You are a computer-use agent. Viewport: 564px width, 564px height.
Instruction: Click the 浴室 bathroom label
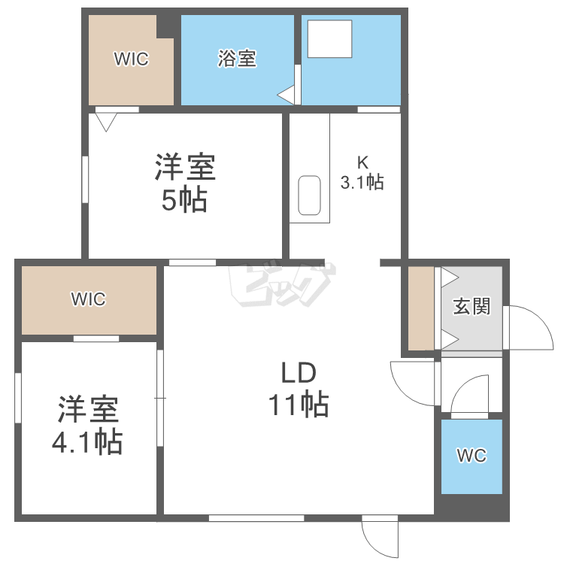[237, 58]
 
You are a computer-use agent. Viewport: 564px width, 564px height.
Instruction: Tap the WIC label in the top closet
[132, 59]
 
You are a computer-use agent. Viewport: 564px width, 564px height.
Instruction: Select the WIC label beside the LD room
[89, 299]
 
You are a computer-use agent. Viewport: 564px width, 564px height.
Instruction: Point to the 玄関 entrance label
[472, 306]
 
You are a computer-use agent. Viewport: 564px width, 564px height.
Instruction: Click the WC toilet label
[472, 456]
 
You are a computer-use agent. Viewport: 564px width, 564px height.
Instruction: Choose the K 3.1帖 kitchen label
[362, 173]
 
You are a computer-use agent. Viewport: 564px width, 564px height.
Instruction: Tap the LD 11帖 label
[299, 390]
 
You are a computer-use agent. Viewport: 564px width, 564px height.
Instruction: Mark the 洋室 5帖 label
[185, 183]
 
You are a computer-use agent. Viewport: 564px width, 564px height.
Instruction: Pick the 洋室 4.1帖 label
[88, 425]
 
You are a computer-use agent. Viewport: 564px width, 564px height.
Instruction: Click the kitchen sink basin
[309, 196]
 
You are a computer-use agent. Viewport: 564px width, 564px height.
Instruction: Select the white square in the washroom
[330, 39]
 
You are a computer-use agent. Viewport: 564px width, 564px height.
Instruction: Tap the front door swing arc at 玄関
[539, 317]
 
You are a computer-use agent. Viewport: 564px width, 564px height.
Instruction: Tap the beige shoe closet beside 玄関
[421, 308]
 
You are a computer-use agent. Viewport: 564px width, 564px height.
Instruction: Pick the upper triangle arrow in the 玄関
[450, 277]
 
